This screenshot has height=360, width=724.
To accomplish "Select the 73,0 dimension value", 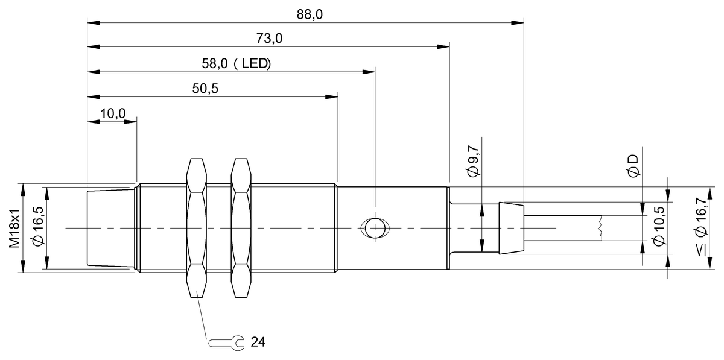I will point(269,39).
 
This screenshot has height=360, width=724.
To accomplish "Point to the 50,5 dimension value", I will point(205,89).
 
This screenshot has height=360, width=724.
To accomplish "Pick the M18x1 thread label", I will point(13,228).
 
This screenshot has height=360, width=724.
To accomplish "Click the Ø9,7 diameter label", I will point(474,162).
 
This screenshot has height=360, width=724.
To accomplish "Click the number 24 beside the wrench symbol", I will point(258,343).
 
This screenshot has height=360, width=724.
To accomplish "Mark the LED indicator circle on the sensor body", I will point(375,228).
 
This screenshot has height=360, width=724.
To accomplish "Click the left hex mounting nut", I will point(197,228).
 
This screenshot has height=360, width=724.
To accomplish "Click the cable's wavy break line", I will point(601,228).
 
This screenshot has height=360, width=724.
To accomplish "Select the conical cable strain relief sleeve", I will point(512,228).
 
